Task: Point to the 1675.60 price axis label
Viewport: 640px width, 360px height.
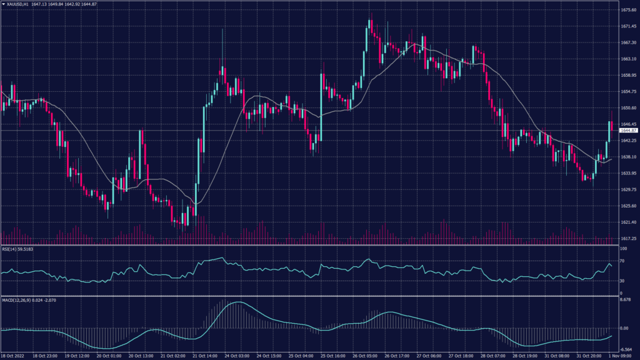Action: [628, 10]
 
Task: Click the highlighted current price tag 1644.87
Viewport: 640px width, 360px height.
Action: [628, 130]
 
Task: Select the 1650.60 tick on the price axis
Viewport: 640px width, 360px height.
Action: [628, 107]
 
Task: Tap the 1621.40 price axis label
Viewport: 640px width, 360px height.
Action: [628, 222]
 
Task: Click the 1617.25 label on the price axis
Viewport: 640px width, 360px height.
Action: [628, 238]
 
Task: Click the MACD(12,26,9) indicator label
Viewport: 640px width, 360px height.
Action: [22, 300]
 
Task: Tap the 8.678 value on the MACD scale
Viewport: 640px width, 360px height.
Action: [624, 300]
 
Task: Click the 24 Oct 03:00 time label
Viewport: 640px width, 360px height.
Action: [236, 356]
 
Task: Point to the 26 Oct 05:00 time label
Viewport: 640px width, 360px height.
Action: [364, 356]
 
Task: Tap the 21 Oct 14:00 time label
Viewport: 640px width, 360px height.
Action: [204, 356]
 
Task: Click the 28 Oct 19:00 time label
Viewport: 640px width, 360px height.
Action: [524, 356]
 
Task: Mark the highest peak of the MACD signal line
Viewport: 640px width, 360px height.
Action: [235, 302]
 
